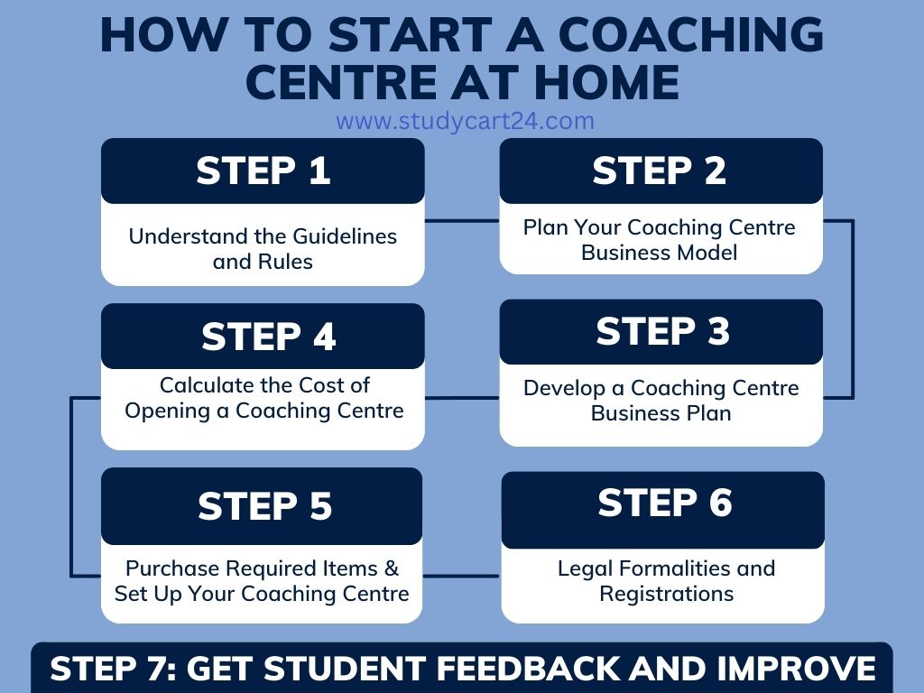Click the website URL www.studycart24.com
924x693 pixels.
click(465, 121)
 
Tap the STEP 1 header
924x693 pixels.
click(263, 171)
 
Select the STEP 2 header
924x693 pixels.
click(660, 171)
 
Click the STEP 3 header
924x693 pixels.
click(661, 331)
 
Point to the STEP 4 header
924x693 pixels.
click(268, 337)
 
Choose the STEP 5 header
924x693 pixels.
click(264, 506)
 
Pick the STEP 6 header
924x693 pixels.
click(664, 503)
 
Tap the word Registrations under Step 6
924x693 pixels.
click(666, 594)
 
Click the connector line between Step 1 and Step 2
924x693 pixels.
click(461, 220)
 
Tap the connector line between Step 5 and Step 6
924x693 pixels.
click(461, 576)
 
